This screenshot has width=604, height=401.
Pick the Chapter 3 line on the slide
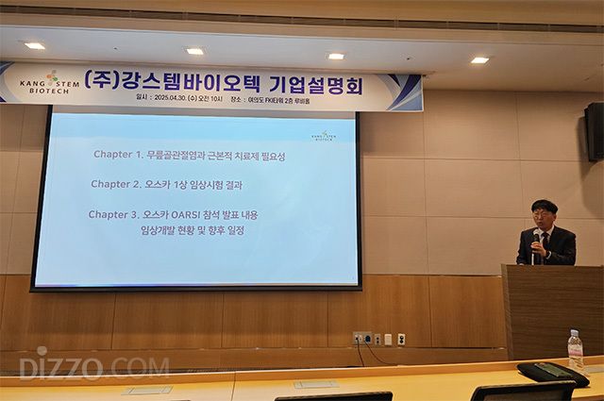pos(173,214)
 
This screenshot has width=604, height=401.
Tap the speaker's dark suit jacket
pos(557,247)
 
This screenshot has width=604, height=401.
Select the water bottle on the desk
pos(575,348)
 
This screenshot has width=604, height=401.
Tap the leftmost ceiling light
pos(35,45)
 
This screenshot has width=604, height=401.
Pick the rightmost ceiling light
pos(480,59)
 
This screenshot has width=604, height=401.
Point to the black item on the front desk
pos(553,373)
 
